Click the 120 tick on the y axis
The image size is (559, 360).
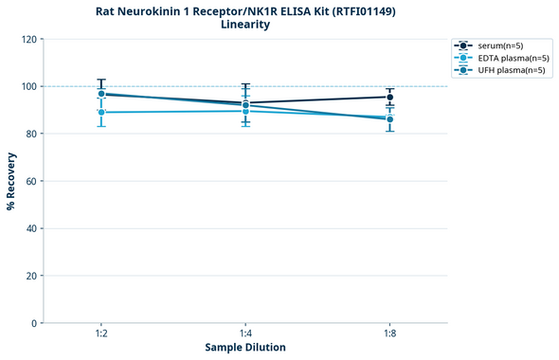[x=28, y=39]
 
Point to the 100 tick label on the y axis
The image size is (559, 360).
[x=28, y=86]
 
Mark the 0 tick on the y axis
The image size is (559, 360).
[x=34, y=323]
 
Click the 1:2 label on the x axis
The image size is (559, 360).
[x=101, y=334]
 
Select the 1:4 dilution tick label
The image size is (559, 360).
[x=245, y=334]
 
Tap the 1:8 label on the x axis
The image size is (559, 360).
[x=389, y=334]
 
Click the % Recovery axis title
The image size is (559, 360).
[x=11, y=181]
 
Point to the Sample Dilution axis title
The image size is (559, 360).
[x=245, y=348]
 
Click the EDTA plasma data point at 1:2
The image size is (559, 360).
[x=101, y=112]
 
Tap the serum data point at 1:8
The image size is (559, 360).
[x=389, y=97]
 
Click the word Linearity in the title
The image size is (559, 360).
[x=245, y=25]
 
